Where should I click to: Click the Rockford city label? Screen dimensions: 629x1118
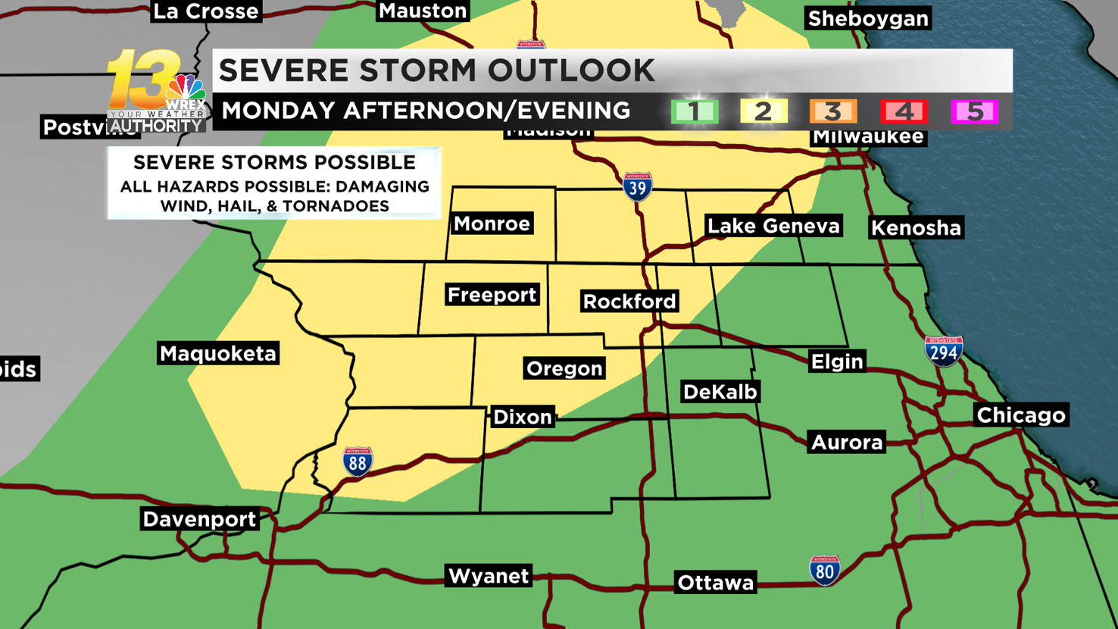pyautogui.click(x=629, y=302)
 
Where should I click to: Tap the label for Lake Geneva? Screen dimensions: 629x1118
pyautogui.click(x=773, y=226)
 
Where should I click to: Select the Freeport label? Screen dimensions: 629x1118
pyautogui.click(x=492, y=295)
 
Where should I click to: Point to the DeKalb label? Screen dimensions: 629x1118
pyautogui.click(x=720, y=392)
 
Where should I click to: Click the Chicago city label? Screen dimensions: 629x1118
pyautogui.click(x=1020, y=415)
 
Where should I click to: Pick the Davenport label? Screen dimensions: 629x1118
pyautogui.click(x=200, y=519)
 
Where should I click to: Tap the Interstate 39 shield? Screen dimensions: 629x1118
pyautogui.click(x=637, y=186)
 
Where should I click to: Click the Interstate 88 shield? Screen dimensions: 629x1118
pyautogui.click(x=358, y=462)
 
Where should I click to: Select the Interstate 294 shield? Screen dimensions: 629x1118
pyautogui.click(x=943, y=352)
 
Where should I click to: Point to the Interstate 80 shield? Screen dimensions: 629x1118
pyautogui.click(x=824, y=570)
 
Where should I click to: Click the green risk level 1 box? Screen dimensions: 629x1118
pyautogui.click(x=694, y=112)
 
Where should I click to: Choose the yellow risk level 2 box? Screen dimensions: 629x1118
pyautogui.click(x=764, y=112)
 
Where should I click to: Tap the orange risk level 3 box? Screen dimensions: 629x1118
pyautogui.click(x=833, y=112)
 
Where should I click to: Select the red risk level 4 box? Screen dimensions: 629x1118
pyautogui.click(x=904, y=112)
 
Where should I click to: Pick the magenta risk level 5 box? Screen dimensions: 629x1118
pyautogui.click(x=974, y=112)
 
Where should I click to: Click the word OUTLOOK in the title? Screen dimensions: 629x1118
pyautogui.click(x=571, y=70)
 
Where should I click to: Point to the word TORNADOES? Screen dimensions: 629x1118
pyautogui.click(x=349, y=206)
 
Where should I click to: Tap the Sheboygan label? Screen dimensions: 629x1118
pyautogui.click(x=868, y=19)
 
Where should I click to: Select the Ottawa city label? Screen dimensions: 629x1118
pyautogui.click(x=716, y=583)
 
